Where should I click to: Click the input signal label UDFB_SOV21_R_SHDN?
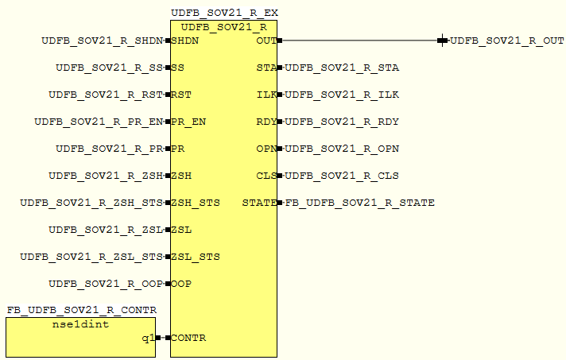103,41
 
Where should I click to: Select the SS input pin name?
178,68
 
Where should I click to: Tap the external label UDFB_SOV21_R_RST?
106,95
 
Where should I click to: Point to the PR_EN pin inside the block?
188,122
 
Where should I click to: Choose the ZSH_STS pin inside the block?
196,203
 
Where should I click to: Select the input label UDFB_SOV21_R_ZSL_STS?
91,257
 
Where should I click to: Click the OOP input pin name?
181,284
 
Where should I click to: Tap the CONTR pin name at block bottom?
188,338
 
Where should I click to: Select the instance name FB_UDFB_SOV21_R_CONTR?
82,309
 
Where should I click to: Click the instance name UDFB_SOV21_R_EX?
224,14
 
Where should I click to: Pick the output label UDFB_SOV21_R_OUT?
507,41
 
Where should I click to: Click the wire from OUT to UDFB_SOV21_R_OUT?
358,41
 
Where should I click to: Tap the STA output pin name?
266,68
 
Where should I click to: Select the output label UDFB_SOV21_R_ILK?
342,95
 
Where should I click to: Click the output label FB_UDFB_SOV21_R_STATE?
359,203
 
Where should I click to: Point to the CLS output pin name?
266,176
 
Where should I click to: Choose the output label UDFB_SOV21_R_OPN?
342,149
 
